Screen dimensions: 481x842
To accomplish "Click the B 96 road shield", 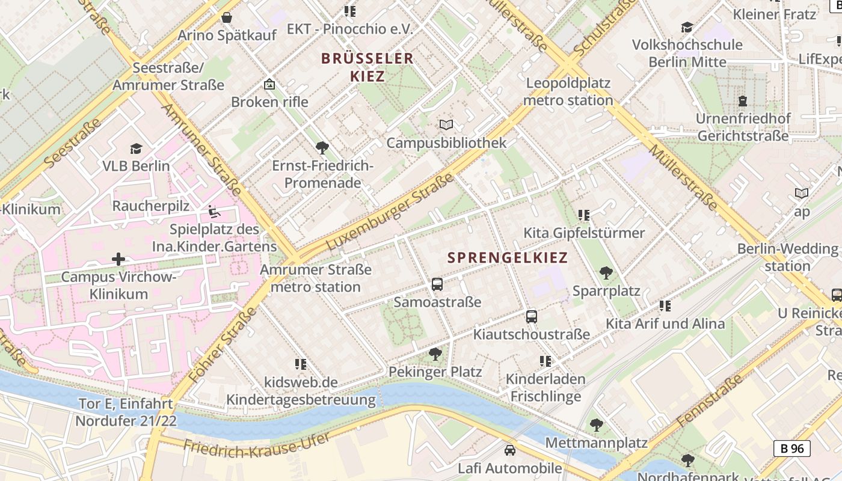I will click(x=791, y=448).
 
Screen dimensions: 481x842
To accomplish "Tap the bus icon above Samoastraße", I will click(x=437, y=284).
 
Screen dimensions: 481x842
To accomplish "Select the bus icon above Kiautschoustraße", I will click(x=531, y=316).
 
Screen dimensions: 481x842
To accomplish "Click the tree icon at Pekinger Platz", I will click(x=435, y=354).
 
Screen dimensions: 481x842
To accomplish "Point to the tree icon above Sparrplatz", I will click(x=606, y=273).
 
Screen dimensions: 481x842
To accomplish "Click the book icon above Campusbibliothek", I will click(x=446, y=124).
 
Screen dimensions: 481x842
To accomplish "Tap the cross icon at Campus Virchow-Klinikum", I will click(x=118, y=259).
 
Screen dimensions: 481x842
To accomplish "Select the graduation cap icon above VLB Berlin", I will click(x=136, y=149).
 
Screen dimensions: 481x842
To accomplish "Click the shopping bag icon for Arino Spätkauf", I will click(x=227, y=17).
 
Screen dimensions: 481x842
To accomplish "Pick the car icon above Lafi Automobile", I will click(x=509, y=450).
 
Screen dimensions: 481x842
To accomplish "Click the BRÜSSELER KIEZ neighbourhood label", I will click(x=367, y=67).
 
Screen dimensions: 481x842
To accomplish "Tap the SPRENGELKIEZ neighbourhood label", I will click(x=508, y=258).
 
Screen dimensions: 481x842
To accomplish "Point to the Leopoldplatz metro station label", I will click(x=568, y=91).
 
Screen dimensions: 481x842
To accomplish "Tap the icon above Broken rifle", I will click(x=269, y=84).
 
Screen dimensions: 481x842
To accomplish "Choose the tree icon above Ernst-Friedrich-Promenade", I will click(x=322, y=147).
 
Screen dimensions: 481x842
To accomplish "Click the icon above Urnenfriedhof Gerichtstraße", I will click(x=743, y=100).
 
